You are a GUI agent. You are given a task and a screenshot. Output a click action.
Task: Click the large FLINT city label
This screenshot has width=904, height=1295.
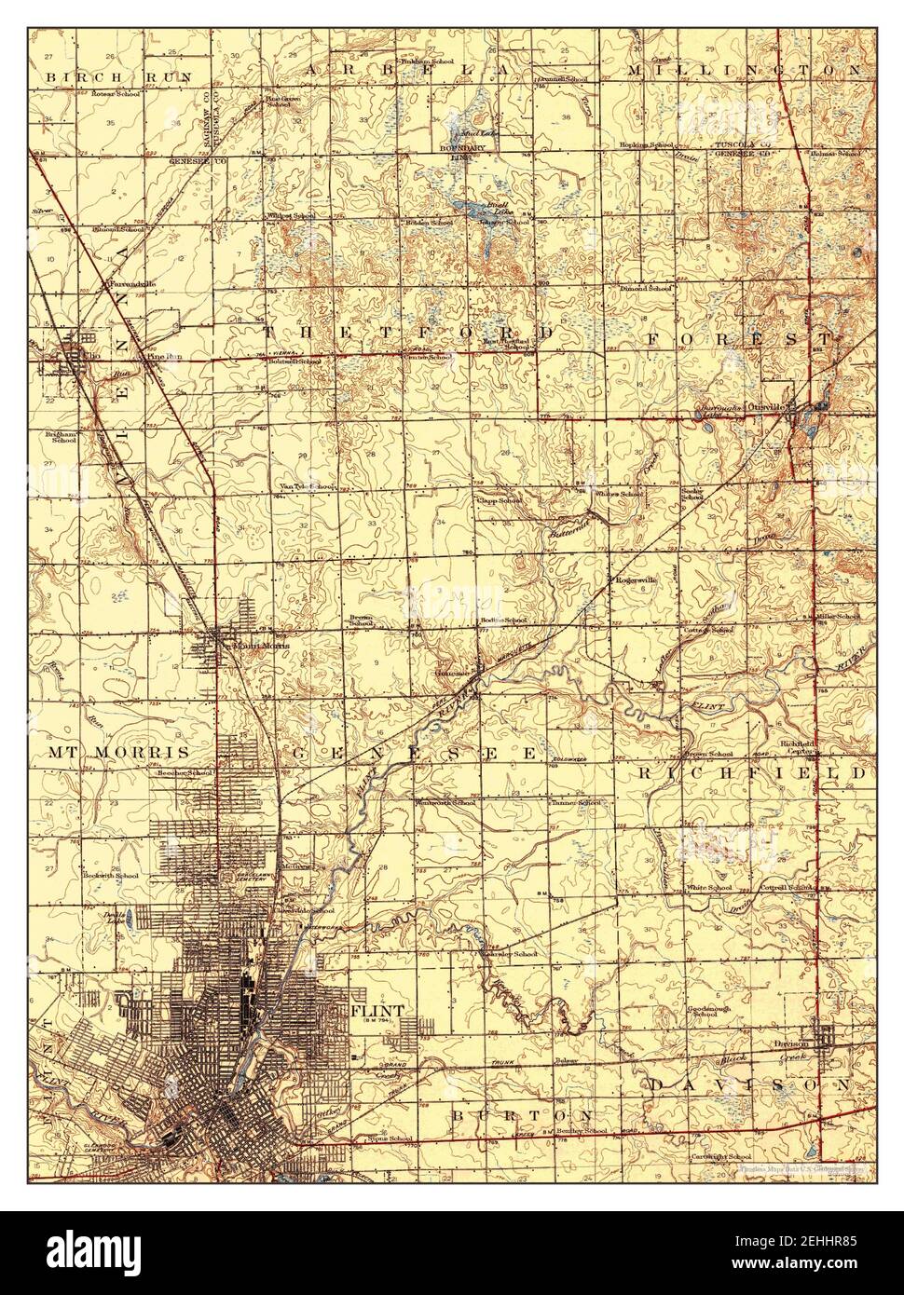[x=377, y=1011]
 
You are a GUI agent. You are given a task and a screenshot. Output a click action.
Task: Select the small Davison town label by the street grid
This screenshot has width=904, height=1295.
[x=789, y=1044]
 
